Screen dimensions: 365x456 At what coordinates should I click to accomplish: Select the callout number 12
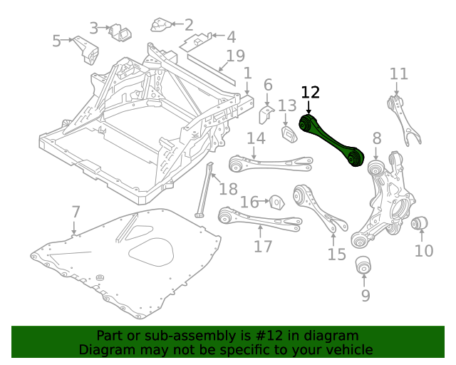point(311,92)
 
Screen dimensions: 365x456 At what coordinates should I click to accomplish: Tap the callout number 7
point(76,211)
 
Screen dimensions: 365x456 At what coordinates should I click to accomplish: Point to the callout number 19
point(235,56)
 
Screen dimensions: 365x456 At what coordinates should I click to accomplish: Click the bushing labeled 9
point(365,266)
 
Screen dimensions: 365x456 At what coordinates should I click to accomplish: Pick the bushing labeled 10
point(420,224)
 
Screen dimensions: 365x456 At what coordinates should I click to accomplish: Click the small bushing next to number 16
point(276,202)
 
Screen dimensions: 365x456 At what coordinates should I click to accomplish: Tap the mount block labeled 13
point(289,134)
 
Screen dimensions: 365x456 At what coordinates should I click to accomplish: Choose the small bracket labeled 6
point(265,114)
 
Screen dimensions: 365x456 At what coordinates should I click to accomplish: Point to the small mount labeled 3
point(116,32)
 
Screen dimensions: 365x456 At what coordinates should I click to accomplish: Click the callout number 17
point(263,246)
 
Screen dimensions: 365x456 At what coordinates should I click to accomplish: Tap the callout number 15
point(336,254)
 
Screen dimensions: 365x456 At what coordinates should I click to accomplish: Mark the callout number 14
point(256,138)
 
